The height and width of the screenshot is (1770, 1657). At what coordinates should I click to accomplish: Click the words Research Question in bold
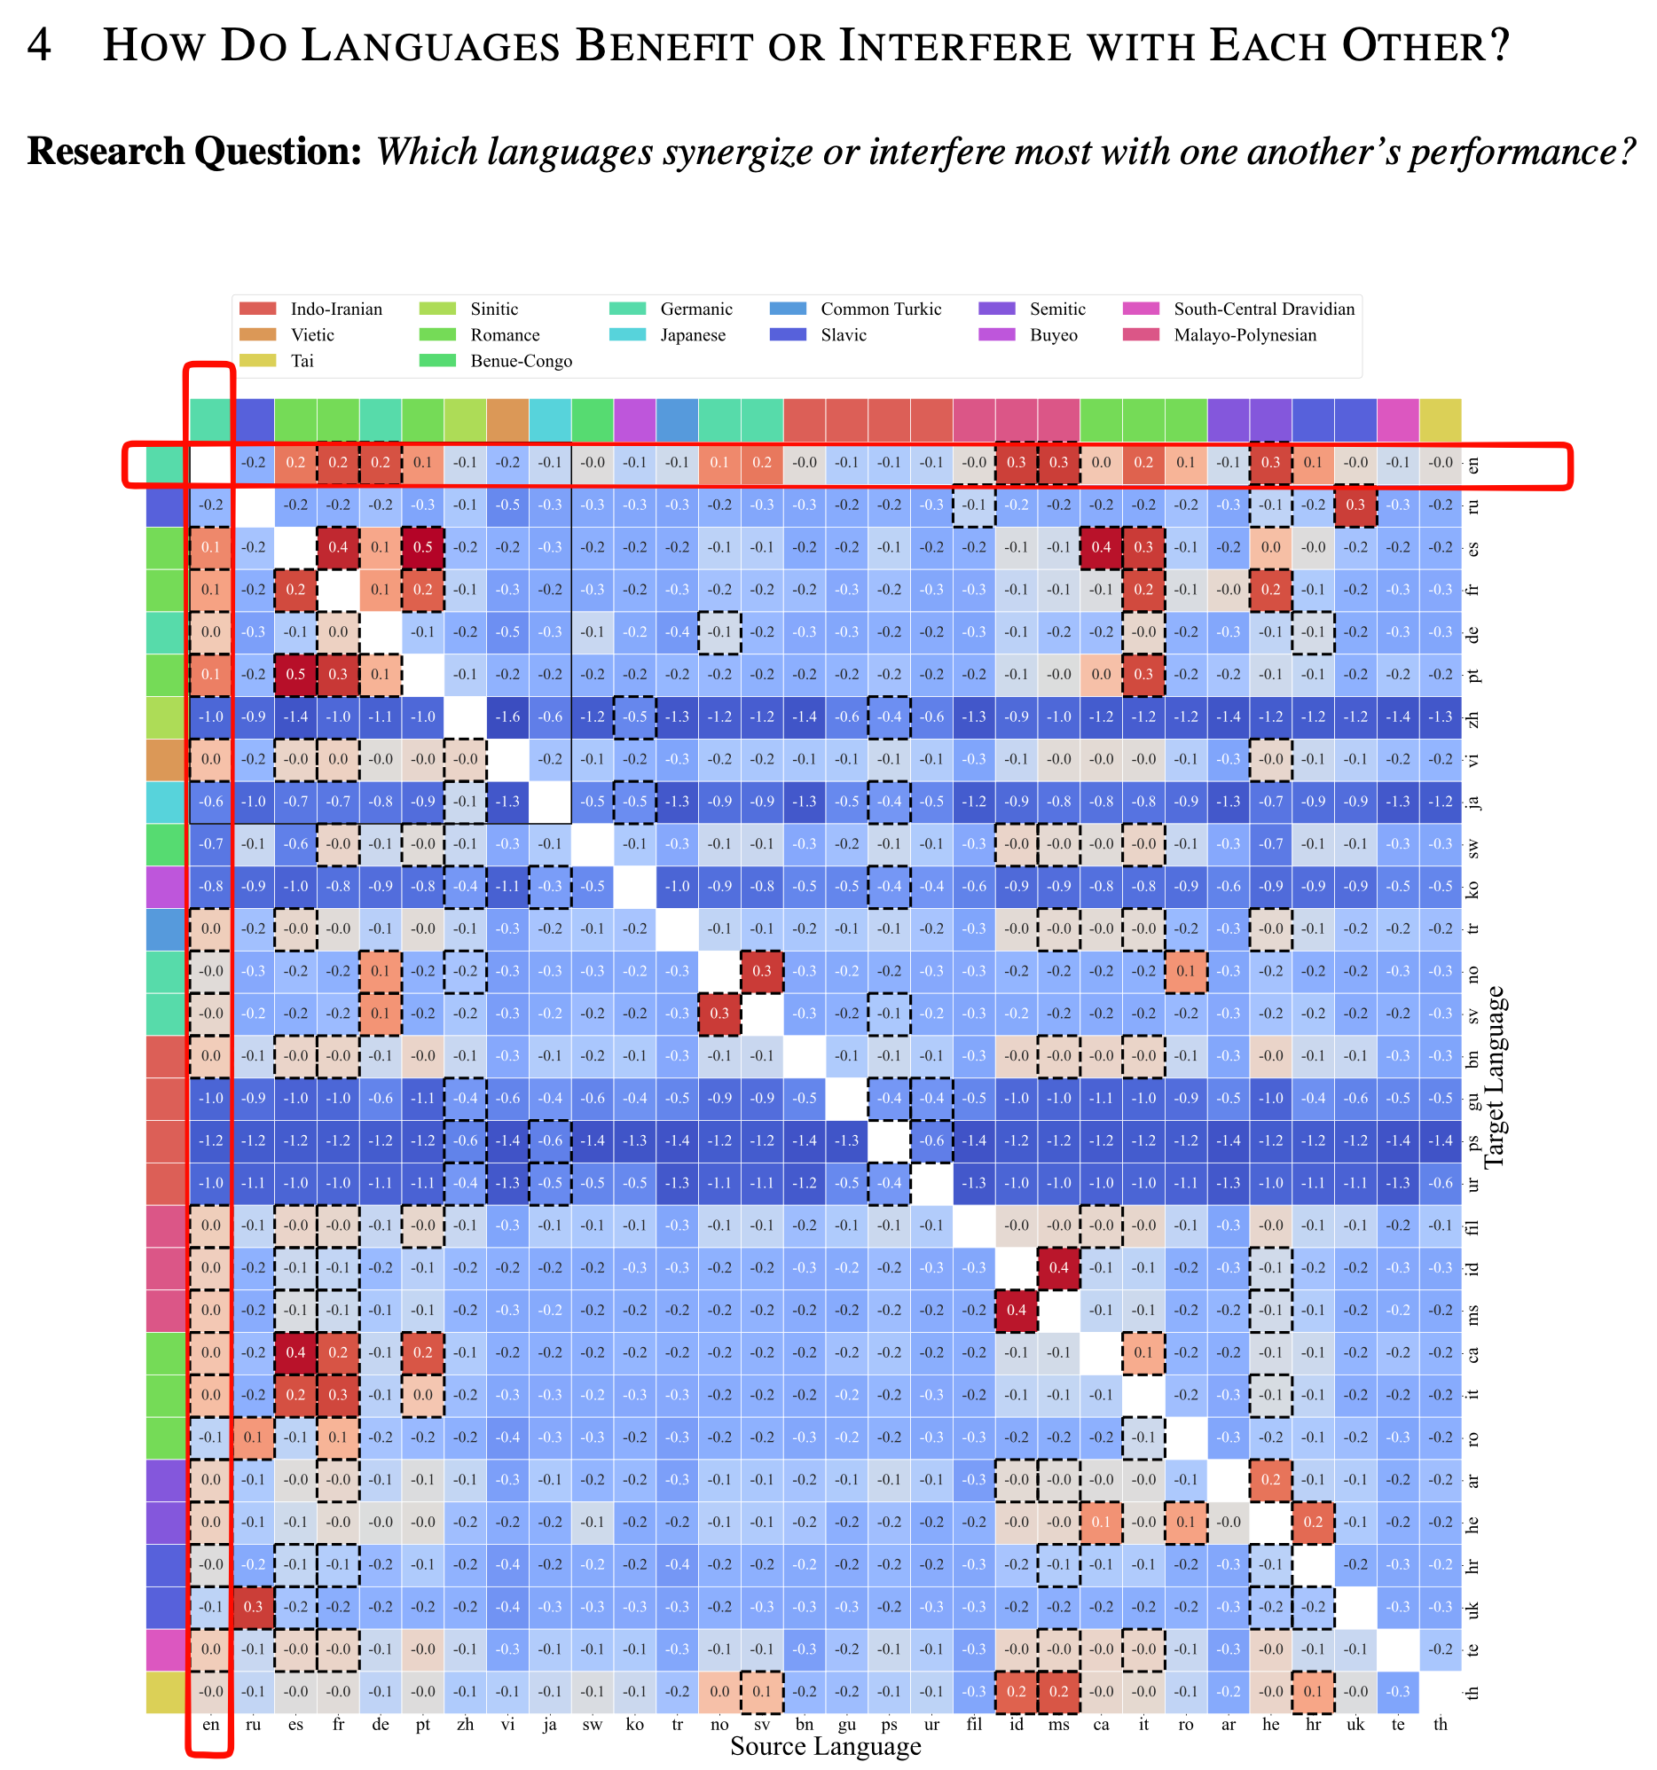pos(194,152)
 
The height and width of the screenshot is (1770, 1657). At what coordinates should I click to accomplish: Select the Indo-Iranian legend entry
pos(335,309)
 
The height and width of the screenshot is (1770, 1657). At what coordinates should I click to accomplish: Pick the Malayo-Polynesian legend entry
pos(1245,335)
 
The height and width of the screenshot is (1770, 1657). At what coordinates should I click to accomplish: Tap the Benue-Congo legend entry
pos(521,361)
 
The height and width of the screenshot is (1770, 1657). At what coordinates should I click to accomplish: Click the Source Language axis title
pos(825,1746)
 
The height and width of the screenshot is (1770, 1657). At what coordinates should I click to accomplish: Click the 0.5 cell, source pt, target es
pos(423,547)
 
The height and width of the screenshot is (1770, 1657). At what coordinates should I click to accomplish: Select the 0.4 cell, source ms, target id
pos(1058,1268)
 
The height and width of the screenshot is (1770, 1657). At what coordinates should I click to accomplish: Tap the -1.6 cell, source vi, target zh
pos(507,717)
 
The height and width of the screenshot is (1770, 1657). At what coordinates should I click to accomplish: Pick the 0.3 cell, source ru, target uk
pos(254,1607)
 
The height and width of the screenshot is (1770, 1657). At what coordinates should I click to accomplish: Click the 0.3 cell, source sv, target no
pos(762,971)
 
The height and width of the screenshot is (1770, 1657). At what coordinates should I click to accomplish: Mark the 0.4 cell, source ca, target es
pos(1102,547)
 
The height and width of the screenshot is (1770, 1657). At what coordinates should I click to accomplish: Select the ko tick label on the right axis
pos(1473,887)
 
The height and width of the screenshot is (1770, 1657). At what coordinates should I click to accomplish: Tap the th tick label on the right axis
pos(1473,1692)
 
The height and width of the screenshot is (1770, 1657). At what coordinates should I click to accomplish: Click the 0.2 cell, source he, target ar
pos(1270,1480)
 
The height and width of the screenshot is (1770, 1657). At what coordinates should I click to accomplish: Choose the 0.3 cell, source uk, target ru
pos(1355,505)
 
